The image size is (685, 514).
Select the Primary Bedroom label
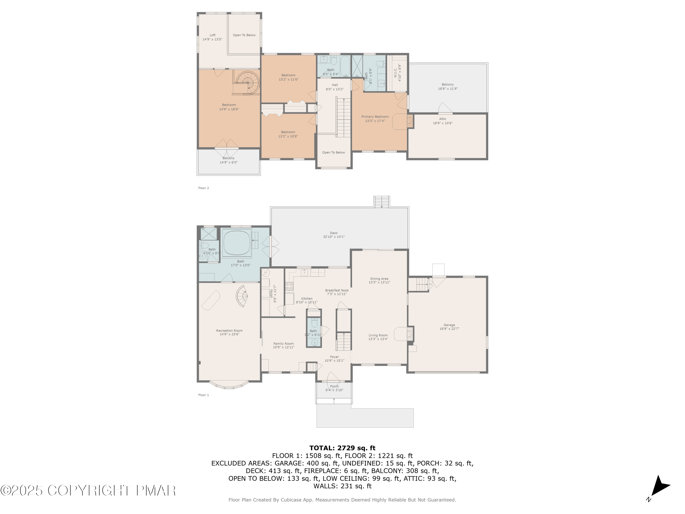pyautogui.click(x=375, y=117)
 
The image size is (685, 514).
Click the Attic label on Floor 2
pyautogui.click(x=443, y=119)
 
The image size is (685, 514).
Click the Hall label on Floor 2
pyautogui.click(x=335, y=85)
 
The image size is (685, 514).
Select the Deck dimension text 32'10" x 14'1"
pyautogui.click(x=334, y=237)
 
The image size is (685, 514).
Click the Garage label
pyautogui.click(x=449, y=325)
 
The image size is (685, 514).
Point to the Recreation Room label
pyautogui.click(x=229, y=331)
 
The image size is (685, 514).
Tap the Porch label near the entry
pyautogui.click(x=334, y=386)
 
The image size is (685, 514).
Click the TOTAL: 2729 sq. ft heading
pyautogui.click(x=342, y=448)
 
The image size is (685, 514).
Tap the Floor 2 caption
pyautogui.click(x=203, y=188)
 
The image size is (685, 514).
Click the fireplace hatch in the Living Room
pyautogui.click(x=410, y=334)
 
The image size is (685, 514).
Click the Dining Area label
pyautogui.click(x=379, y=278)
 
